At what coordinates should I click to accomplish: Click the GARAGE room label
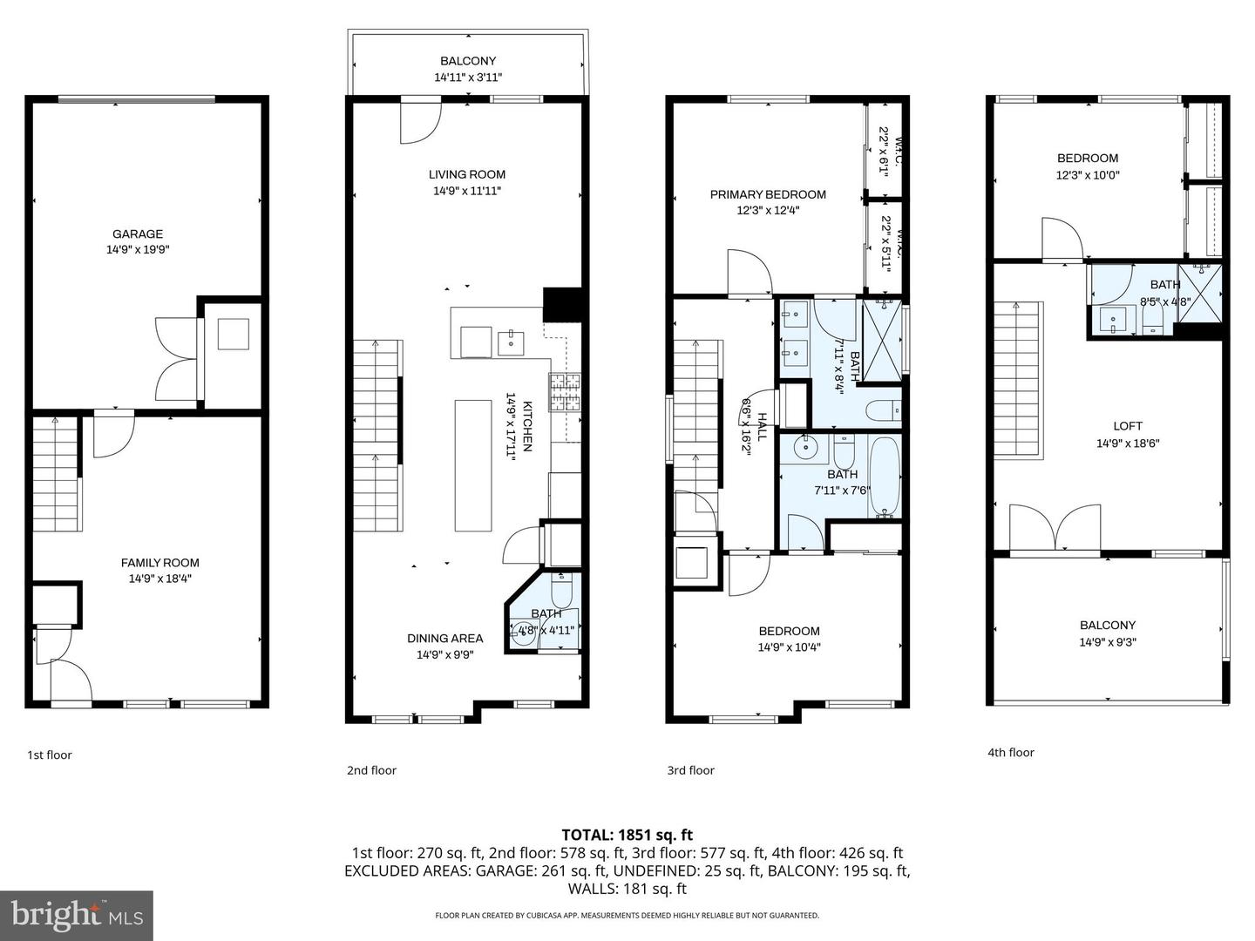(138, 234)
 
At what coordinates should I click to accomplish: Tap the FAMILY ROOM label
(159, 563)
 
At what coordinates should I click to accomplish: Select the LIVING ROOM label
(467, 174)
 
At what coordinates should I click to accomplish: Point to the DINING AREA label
(444, 638)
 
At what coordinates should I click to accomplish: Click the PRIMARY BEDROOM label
(767, 194)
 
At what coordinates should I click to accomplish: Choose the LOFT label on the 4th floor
(1127, 426)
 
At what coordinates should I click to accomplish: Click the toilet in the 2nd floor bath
(561, 593)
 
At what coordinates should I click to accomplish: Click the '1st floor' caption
(50, 755)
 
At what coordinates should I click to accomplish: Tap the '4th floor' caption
(1010, 752)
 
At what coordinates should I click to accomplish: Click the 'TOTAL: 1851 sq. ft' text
(627, 835)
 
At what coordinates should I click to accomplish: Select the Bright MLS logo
(77, 915)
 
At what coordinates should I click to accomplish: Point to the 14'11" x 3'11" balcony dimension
(468, 78)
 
